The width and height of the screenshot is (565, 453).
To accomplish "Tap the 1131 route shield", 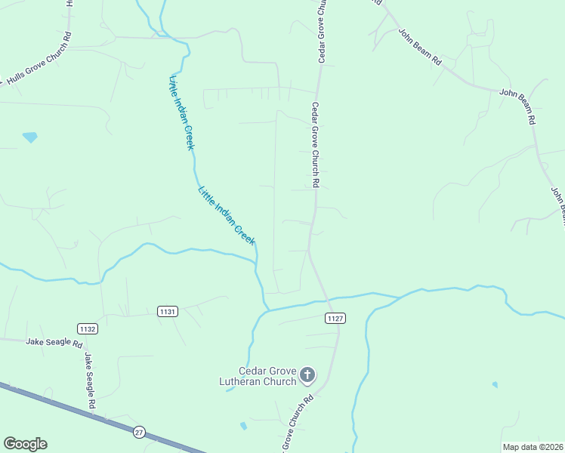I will click(x=167, y=311).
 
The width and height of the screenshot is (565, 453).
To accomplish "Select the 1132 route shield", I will click(x=88, y=328).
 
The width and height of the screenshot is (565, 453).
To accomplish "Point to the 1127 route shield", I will click(x=335, y=319).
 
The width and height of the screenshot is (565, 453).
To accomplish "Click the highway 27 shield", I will click(x=139, y=431).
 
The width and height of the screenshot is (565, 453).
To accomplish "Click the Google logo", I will click(x=25, y=444).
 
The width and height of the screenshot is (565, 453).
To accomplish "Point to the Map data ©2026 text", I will click(x=533, y=447).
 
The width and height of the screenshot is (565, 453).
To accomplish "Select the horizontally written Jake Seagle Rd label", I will click(x=54, y=342).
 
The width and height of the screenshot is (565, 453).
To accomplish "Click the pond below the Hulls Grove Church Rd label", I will click(x=30, y=137).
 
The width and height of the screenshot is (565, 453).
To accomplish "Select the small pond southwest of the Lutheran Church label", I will click(x=243, y=426).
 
